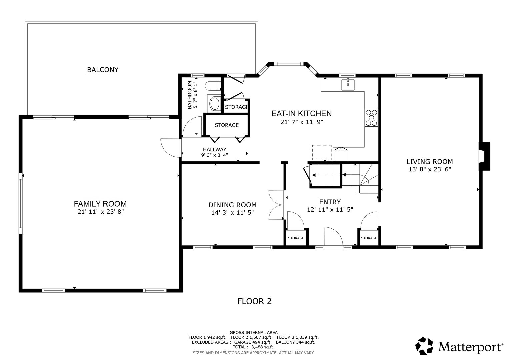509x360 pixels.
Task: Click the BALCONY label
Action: pyautogui.click(x=103, y=70)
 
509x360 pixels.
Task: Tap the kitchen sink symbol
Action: pyautogui.click(x=348, y=84)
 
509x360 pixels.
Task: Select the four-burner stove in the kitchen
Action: pyautogui.click(x=371, y=118)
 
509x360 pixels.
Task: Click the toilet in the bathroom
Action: pyautogui.click(x=212, y=86)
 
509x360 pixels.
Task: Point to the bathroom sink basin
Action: pyautogui.click(x=214, y=104)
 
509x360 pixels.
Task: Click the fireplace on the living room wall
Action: pyautogui.click(x=484, y=156)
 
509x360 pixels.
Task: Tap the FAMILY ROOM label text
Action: pyautogui.click(x=100, y=204)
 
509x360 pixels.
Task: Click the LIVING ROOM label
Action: pyautogui.click(x=429, y=162)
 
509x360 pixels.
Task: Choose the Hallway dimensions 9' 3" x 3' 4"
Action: pyautogui.click(x=214, y=155)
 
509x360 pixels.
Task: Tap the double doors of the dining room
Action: pyautogui.click(x=276, y=205)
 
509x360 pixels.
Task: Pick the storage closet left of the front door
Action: pyautogui.click(x=296, y=238)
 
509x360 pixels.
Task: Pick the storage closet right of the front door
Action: pyautogui.click(x=369, y=238)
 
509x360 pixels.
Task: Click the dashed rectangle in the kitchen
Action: pyautogui.click(x=321, y=153)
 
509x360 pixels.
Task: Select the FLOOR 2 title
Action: pyautogui.click(x=254, y=301)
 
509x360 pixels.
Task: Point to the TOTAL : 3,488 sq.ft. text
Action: pyautogui.click(x=253, y=347)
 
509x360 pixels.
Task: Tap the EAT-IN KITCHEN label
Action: pyautogui.click(x=302, y=114)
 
